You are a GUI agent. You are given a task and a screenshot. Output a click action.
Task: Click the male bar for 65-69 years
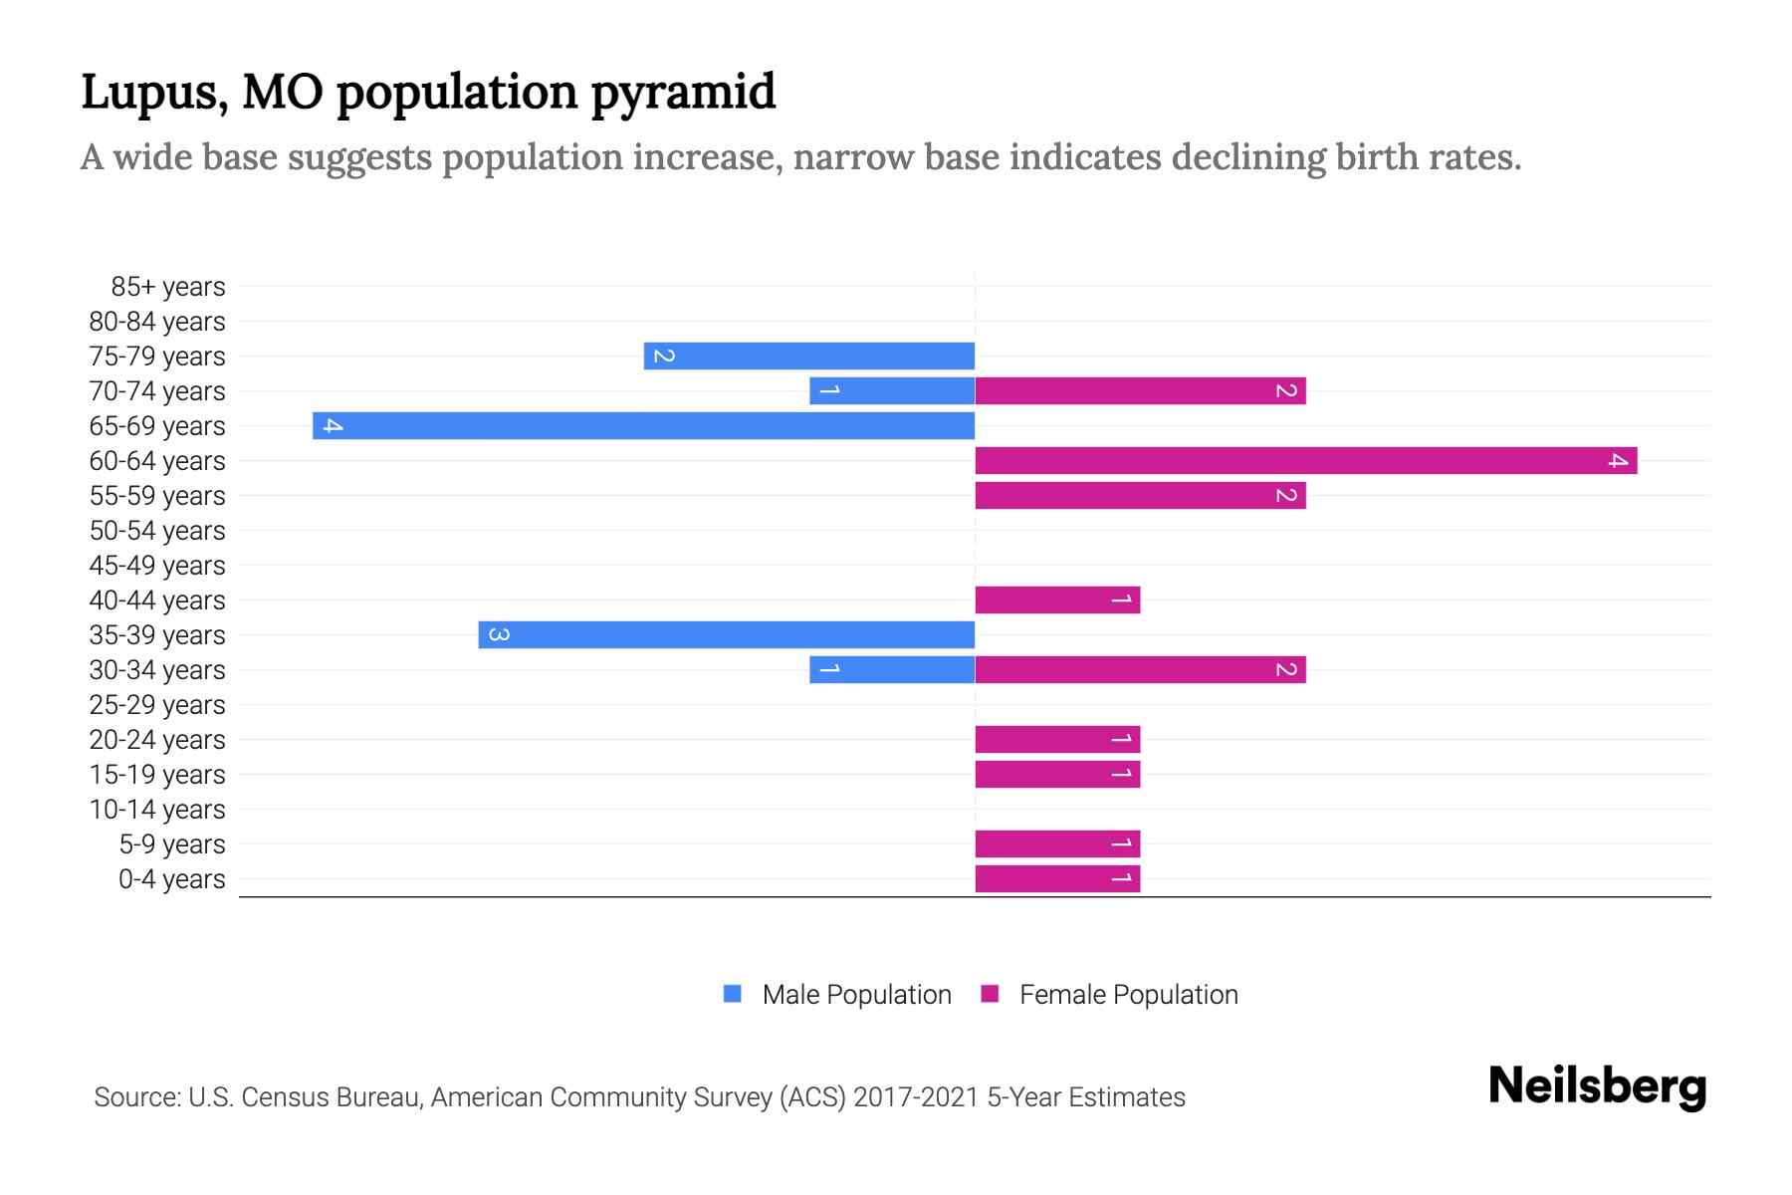(x=643, y=426)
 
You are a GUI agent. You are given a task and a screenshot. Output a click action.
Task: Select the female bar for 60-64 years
(x=1305, y=461)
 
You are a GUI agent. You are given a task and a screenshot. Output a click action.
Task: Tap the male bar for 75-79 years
(x=808, y=357)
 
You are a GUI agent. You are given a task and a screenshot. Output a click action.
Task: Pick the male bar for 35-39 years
(x=726, y=635)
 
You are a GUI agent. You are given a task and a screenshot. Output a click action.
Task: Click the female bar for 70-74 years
(x=1140, y=391)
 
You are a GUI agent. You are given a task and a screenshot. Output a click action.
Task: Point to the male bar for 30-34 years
(x=892, y=670)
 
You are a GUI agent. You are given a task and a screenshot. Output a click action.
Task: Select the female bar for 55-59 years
(x=1140, y=496)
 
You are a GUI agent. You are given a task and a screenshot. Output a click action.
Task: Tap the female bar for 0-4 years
(x=1057, y=879)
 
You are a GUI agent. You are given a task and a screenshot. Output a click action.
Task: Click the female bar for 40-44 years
(x=1057, y=600)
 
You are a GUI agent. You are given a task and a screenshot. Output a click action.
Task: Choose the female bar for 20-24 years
(x=1057, y=740)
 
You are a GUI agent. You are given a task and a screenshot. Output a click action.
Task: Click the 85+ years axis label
(x=167, y=287)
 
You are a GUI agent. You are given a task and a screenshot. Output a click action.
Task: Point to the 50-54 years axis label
(x=157, y=531)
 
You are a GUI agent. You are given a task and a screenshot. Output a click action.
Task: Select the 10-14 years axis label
(x=157, y=810)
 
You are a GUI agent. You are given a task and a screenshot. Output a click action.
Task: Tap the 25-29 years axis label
(x=157, y=705)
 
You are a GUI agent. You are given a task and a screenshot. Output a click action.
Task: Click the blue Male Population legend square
(x=733, y=994)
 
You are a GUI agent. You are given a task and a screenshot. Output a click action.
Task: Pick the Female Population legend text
(x=1128, y=995)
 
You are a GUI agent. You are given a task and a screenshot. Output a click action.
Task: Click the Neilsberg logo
(x=1597, y=1086)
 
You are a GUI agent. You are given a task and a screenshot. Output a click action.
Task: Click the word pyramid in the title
(x=682, y=93)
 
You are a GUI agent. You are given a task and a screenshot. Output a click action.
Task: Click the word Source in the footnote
(x=136, y=1097)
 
